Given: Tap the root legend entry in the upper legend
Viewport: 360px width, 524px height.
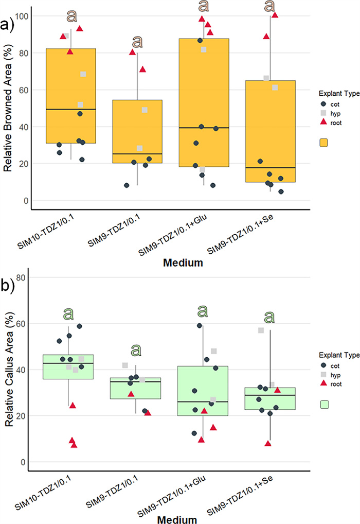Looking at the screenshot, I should click(x=333, y=123).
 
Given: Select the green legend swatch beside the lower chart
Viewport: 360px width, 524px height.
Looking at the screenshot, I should click(x=324, y=405).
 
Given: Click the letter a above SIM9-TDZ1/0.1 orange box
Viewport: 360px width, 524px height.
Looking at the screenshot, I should click(x=137, y=41).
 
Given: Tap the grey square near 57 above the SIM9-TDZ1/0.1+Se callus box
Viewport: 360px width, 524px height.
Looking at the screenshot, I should click(x=261, y=330).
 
